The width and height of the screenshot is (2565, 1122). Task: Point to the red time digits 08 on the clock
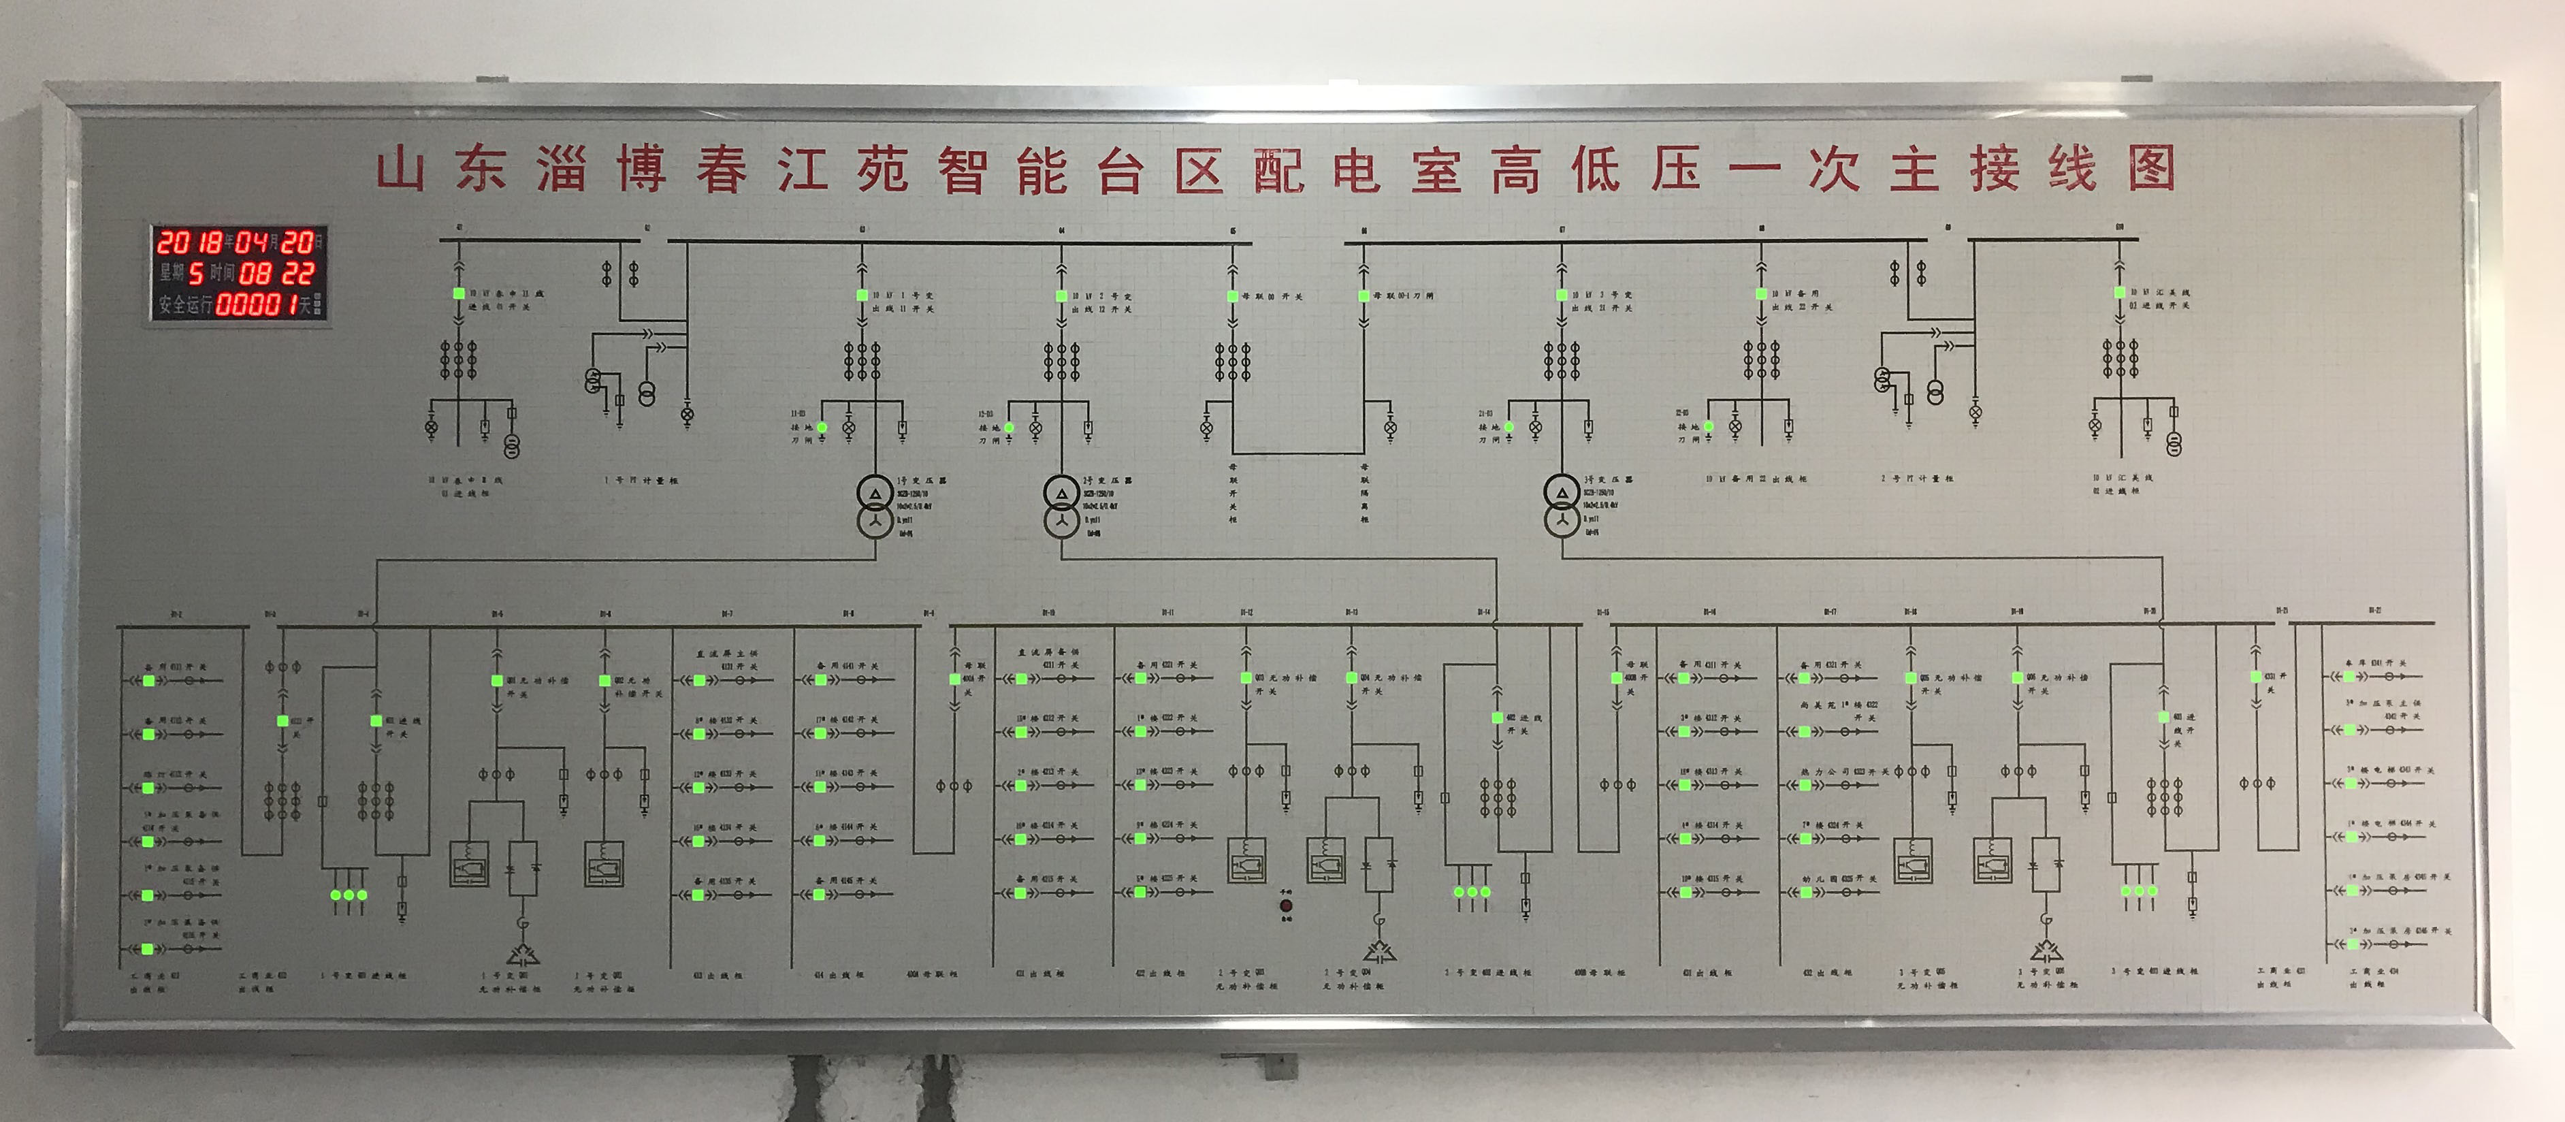click(254, 273)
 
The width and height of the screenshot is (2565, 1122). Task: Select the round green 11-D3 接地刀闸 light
click(822, 427)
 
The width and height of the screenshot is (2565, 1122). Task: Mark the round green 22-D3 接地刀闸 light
click(1709, 426)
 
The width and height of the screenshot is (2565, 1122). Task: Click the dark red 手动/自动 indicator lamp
click(1285, 906)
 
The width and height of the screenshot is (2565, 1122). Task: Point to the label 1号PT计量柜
click(641, 480)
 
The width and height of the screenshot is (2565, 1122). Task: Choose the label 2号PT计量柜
click(1917, 479)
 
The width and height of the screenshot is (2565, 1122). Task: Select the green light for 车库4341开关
click(2350, 676)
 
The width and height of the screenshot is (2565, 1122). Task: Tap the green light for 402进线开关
click(1496, 717)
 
